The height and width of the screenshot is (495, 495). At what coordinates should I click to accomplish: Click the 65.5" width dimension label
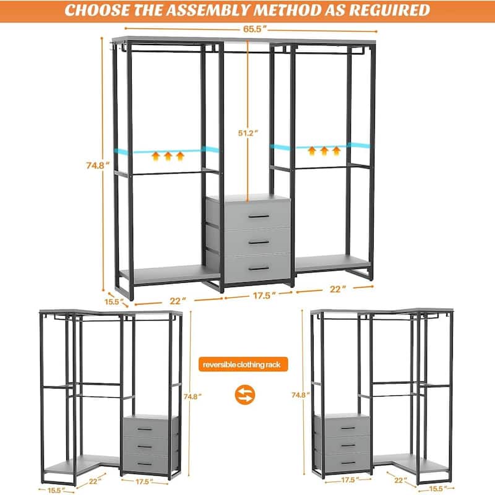pyautogui.click(x=255, y=29)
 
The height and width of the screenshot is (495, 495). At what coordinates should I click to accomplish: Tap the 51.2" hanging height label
pyautogui.click(x=248, y=133)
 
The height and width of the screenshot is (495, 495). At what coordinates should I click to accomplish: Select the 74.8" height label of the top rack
pyautogui.click(x=98, y=165)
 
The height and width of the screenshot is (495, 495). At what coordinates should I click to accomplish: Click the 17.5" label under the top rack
pyautogui.click(x=264, y=296)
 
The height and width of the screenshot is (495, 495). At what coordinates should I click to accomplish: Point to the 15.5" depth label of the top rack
pyautogui.click(x=114, y=302)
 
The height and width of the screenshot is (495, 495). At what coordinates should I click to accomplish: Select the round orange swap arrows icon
pyautogui.click(x=244, y=395)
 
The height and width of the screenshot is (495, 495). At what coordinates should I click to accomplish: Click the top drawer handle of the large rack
pyautogui.click(x=259, y=217)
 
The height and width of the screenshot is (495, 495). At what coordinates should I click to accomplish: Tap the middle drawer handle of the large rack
pyautogui.click(x=259, y=243)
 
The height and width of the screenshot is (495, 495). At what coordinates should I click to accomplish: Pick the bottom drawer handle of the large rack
pyautogui.click(x=259, y=269)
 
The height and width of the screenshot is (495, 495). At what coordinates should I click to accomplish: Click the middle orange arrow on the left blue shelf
pyautogui.click(x=168, y=157)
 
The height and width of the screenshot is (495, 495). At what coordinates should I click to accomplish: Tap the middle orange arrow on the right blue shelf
pyautogui.click(x=324, y=151)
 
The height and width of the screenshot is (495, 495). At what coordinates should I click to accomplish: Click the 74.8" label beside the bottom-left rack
pyautogui.click(x=192, y=397)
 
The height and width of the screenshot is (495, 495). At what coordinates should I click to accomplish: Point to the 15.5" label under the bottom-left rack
pyautogui.click(x=56, y=490)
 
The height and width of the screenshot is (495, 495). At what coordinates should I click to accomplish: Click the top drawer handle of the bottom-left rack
pyautogui.click(x=145, y=429)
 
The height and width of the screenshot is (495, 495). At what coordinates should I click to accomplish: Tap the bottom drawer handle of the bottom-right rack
pyautogui.click(x=349, y=463)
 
